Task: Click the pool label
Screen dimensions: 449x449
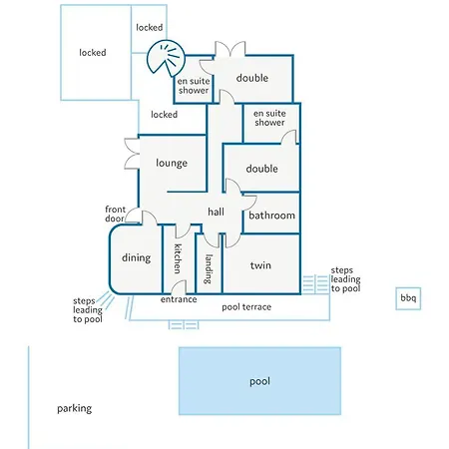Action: pos(259,381)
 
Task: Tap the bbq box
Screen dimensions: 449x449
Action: pos(408,298)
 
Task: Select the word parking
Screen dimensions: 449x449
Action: pos(74,408)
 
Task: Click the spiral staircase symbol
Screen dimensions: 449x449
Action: pos(166,58)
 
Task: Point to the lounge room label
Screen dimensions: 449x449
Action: pos(172,163)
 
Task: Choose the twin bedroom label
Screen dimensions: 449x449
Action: pos(260,265)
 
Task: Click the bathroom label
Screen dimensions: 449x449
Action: pos(271,216)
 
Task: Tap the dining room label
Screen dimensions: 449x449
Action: pos(137,257)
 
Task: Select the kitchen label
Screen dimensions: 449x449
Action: pos(178,258)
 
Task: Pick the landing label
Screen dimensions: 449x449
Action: pos(209,269)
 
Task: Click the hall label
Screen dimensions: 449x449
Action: pos(216,212)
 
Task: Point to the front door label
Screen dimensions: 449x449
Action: pos(115,214)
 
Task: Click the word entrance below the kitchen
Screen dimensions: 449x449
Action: pos(179,299)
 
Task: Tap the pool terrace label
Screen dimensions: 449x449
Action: pos(246,307)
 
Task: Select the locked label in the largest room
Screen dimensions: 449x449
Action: pos(93,52)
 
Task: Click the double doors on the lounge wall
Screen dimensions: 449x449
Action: pos(132,154)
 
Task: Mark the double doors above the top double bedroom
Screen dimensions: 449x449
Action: pos(230,49)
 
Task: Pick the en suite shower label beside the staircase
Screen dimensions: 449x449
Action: pos(194,86)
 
